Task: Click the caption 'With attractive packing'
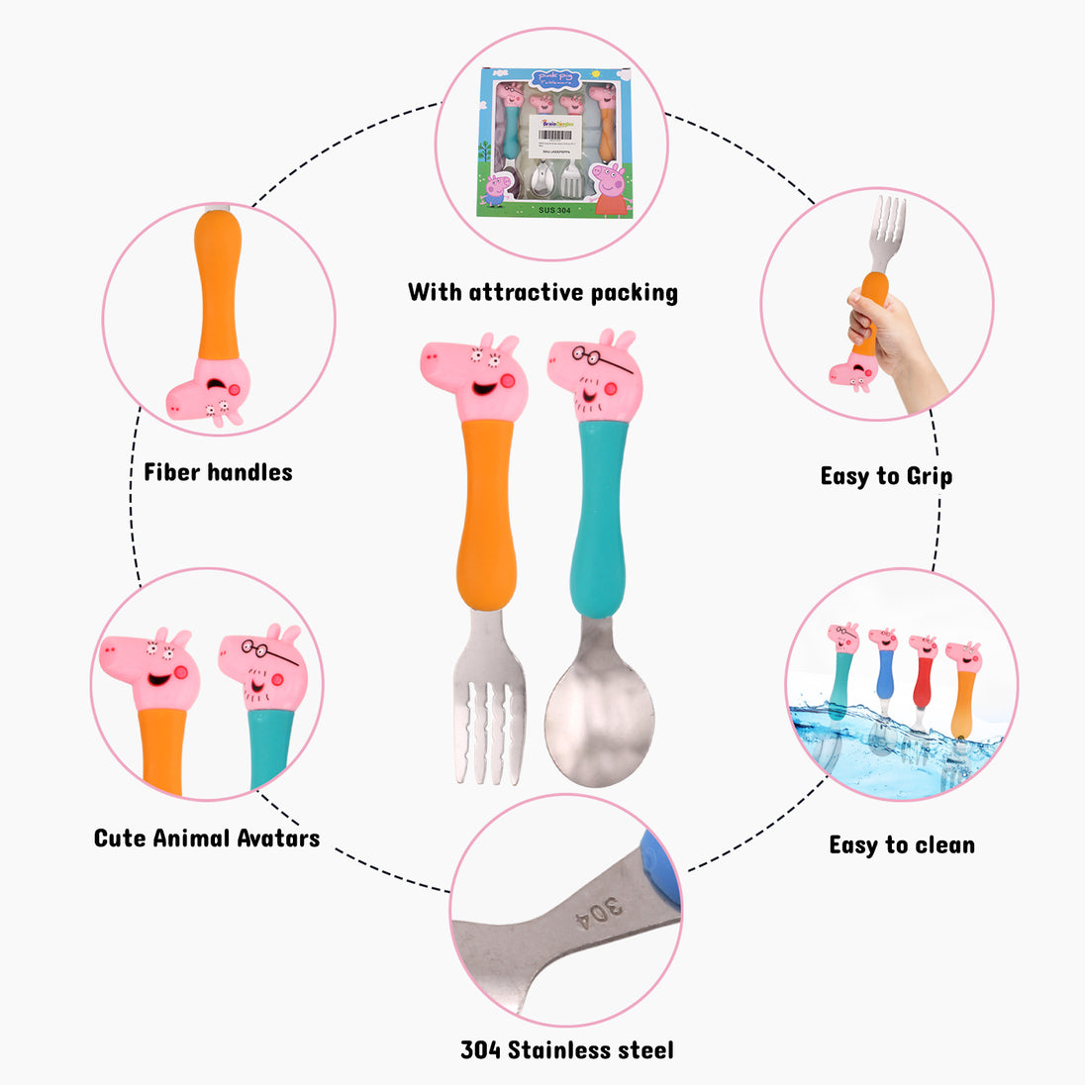point(542,292)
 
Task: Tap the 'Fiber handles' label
point(218,472)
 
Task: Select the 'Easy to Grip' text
point(886,476)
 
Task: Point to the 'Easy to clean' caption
point(902,845)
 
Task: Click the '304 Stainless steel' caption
point(567,1050)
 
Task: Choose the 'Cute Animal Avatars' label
point(207,838)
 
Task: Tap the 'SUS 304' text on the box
point(555,210)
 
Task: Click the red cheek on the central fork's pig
point(508,382)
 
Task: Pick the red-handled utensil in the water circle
point(923,683)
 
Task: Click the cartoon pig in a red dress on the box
point(611,188)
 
